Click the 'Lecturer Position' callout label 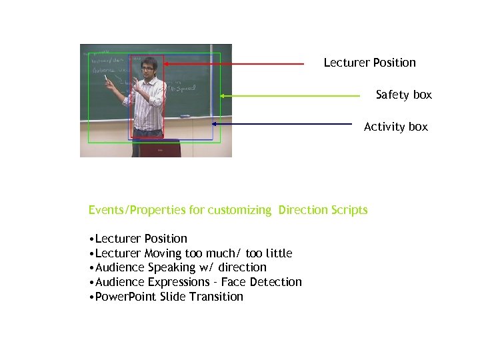369,63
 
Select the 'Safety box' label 403,95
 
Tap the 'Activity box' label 395,127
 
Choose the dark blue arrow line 280,124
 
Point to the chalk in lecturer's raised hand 105,79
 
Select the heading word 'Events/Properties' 137,210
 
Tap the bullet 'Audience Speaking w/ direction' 179,267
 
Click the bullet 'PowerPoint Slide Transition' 167,297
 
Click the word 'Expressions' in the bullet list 179,282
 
